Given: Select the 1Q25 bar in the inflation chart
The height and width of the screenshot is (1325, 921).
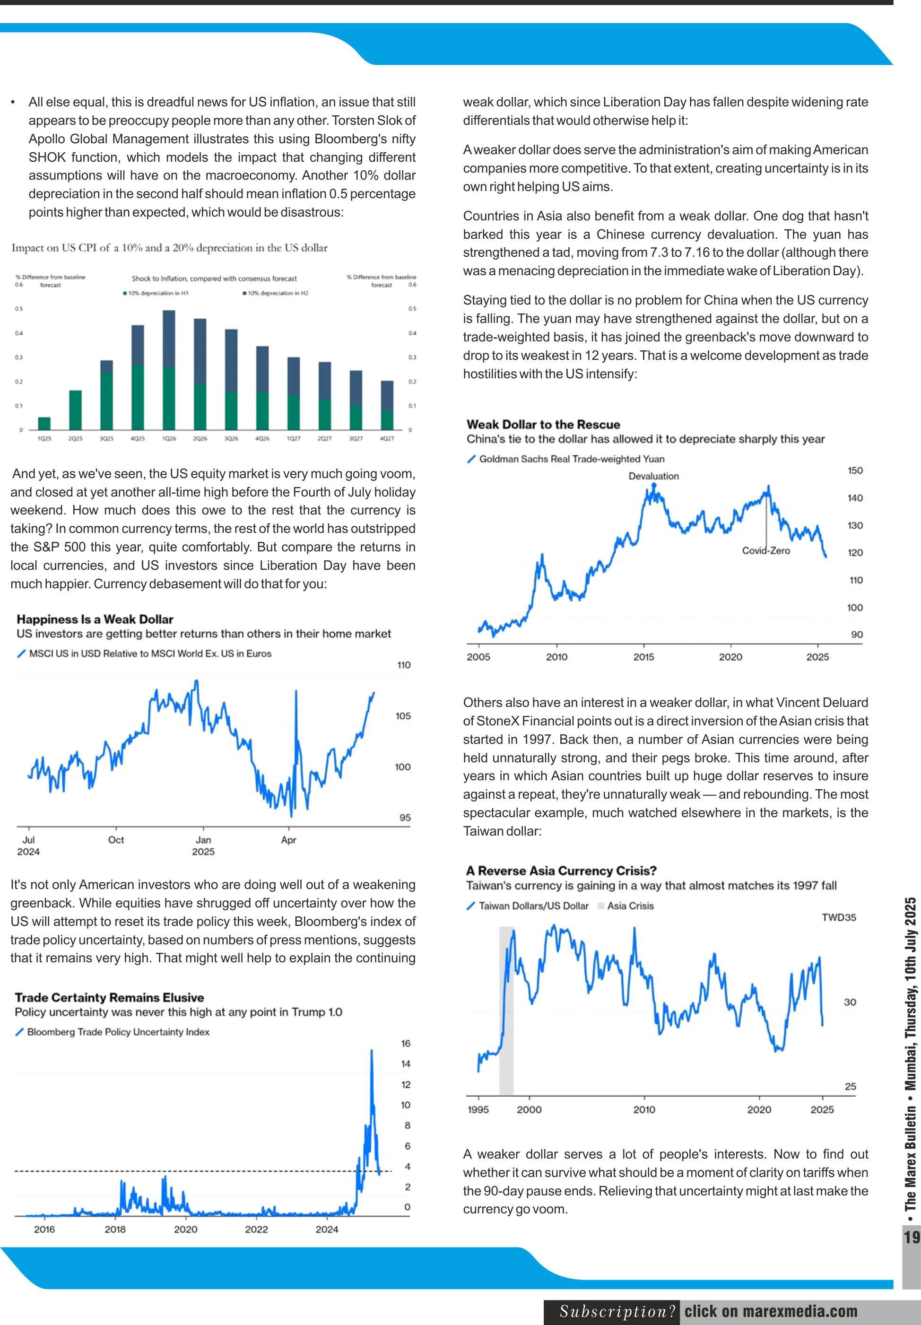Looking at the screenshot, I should tap(44, 423).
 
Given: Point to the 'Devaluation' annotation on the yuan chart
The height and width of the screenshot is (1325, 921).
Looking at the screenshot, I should tap(653, 476).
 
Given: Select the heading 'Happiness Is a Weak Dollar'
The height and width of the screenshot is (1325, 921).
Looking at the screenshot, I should tap(95, 619).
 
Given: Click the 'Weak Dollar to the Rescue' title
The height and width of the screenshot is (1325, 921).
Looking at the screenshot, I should tap(543, 424).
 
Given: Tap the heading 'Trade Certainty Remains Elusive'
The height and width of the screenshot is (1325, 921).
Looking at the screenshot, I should tap(109, 997).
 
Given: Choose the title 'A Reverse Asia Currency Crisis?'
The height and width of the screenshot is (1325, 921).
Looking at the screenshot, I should tap(561, 870).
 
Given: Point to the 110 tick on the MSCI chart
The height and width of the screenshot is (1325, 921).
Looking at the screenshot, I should tap(403, 665).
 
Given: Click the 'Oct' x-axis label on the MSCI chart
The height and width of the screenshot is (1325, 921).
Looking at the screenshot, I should tap(115, 840).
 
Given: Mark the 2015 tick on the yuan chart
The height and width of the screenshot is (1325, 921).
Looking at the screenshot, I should tap(643, 657).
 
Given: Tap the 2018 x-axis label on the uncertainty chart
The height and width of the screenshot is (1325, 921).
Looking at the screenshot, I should tap(115, 1229).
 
